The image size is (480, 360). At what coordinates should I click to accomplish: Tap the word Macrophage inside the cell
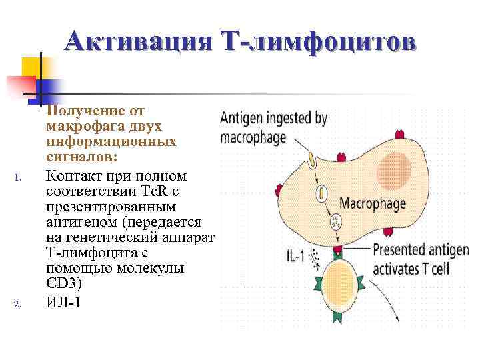378,203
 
